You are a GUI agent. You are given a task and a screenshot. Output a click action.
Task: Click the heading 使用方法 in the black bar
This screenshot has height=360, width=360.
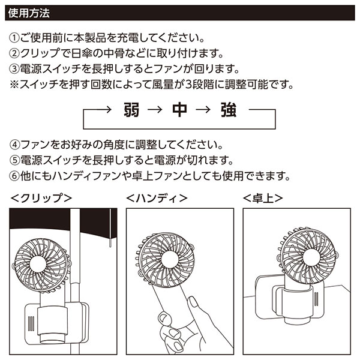[31, 11]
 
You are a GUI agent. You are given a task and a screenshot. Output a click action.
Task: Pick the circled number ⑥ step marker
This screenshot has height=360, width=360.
[16, 176]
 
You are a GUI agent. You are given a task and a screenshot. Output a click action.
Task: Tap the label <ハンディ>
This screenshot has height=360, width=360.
[158, 197]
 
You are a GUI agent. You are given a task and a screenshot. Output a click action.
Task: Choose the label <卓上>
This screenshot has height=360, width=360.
[262, 197]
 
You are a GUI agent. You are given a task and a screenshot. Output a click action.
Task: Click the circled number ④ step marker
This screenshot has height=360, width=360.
[16, 145]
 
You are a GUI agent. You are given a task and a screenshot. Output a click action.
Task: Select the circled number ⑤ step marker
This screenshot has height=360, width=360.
[16, 161]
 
